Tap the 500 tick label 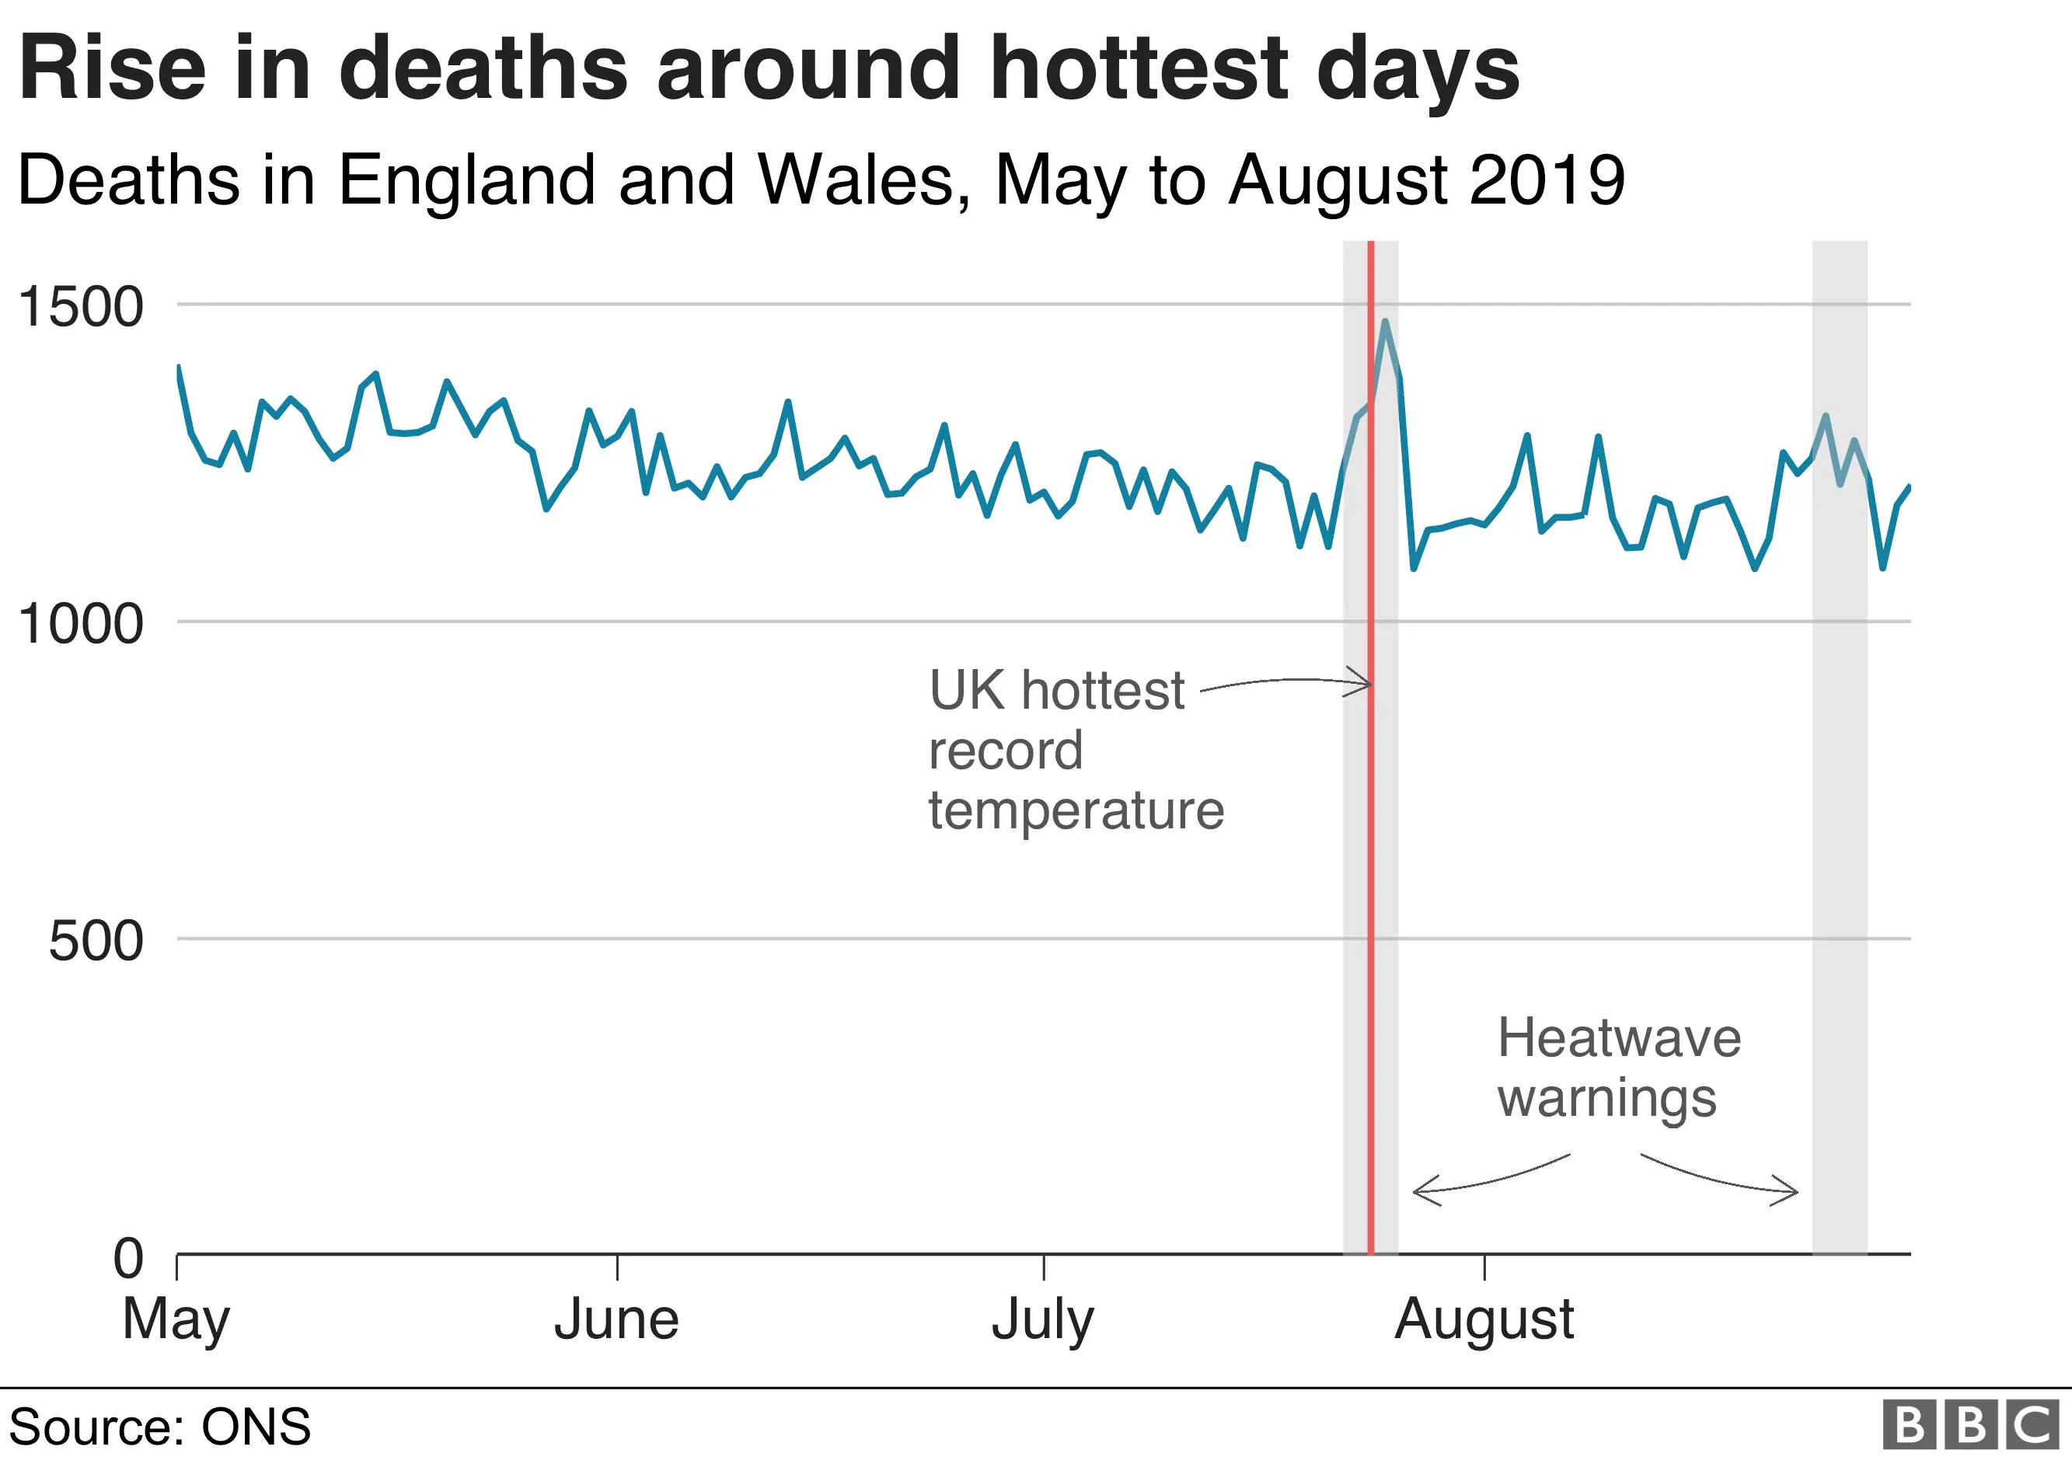[96, 941]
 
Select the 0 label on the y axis [128, 1259]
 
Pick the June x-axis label [616, 1320]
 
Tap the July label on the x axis [1042, 1320]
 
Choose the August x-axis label [1484, 1320]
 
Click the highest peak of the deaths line [1384, 321]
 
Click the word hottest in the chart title [1139, 68]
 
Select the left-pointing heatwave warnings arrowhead [1418, 1191]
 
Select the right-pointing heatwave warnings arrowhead [1792, 1191]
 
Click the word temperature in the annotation [1076, 810]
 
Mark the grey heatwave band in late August [1839, 812]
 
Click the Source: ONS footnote [160, 1427]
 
